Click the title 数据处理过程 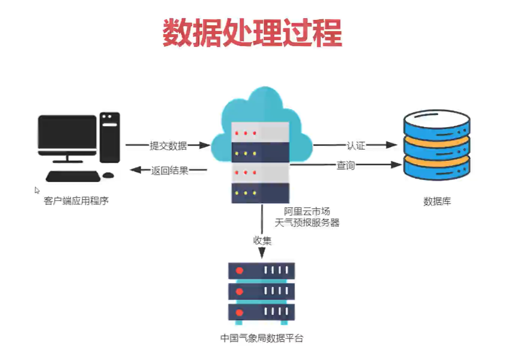point(252,32)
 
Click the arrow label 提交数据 point(168,145)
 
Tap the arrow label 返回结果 point(169,170)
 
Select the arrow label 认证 point(356,145)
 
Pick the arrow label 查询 point(345,166)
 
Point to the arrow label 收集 point(262,241)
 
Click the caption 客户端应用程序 point(76,201)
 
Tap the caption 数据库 point(437,202)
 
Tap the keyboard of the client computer point(73,176)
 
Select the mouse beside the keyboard point(108,175)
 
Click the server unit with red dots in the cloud point(260,133)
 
